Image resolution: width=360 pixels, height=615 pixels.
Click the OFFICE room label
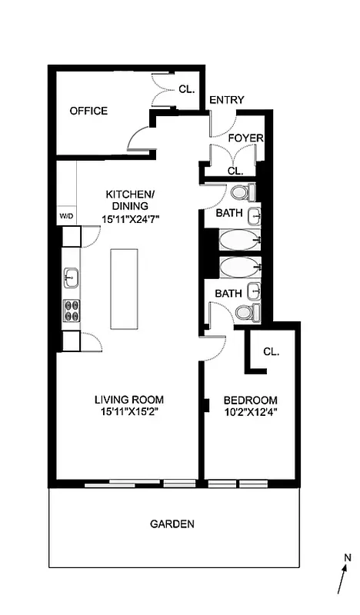(x=88, y=111)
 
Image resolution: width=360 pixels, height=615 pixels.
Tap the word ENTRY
(x=226, y=100)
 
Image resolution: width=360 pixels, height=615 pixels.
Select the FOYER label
(x=246, y=138)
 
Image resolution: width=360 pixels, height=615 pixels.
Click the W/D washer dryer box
(x=66, y=216)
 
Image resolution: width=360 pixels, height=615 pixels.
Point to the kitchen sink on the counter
(x=70, y=276)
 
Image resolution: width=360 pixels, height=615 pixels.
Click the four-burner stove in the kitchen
(x=71, y=310)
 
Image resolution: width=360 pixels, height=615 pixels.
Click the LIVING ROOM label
(x=129, y=400)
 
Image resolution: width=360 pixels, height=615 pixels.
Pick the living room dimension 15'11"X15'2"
(x=129, y=413)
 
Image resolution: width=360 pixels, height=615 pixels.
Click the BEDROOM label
(x=250, y=401)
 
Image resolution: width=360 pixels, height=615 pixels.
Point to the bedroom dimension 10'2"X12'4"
(x=250, y=414)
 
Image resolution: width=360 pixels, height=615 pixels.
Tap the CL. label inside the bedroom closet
(x=271, y=351)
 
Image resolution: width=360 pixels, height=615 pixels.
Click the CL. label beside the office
(x=187, y=88)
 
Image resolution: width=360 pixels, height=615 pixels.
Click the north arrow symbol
(x=343, y=573)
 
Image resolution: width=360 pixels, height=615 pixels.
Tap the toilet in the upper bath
(x=242, y=191)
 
